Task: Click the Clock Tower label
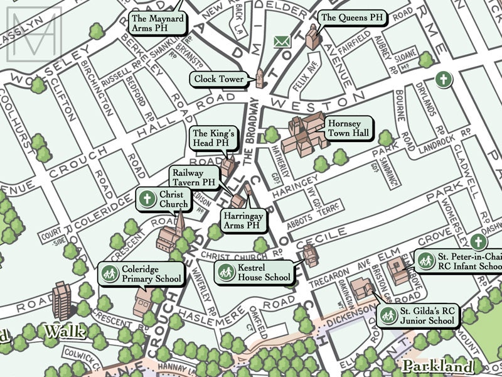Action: [219, 80]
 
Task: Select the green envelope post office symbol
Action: [282, 42]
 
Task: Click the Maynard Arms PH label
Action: [158, 24]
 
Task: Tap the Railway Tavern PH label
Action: [194, 178]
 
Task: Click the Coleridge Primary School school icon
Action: [108, 274]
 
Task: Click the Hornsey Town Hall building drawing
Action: [304, 134]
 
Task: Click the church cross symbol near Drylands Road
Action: [444, 80]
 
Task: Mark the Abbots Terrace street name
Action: [303, 210]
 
